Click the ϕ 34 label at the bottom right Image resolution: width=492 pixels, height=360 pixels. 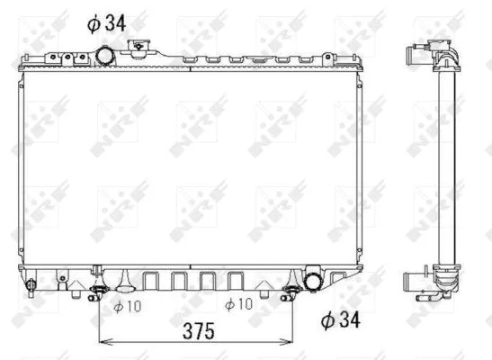click(341, 318)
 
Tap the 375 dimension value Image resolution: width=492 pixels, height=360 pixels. click(198, 330)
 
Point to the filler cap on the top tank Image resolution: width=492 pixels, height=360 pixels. click(140, 49)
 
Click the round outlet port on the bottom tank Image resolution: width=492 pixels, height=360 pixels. click(315, 281)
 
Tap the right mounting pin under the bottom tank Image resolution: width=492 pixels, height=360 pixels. click(291, 289)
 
